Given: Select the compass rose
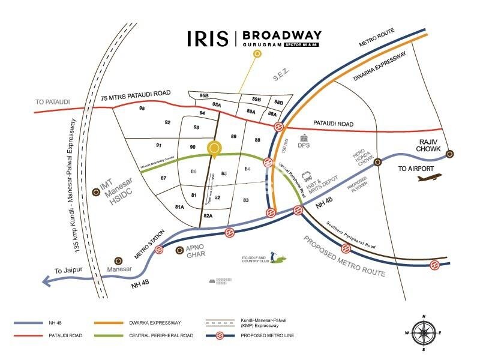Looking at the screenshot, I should tap(424, 332).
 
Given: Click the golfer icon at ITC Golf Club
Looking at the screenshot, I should tap(277, 257).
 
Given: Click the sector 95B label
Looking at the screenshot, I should tap(204, 95).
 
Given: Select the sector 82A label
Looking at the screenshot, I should tap(208, 215).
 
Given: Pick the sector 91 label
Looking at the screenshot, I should tap(159, 145).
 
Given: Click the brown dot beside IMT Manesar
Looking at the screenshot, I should tap(96, 192).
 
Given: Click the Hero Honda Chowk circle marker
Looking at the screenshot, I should tap(378, 162).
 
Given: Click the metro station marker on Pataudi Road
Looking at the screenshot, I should tap(279, 127).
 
